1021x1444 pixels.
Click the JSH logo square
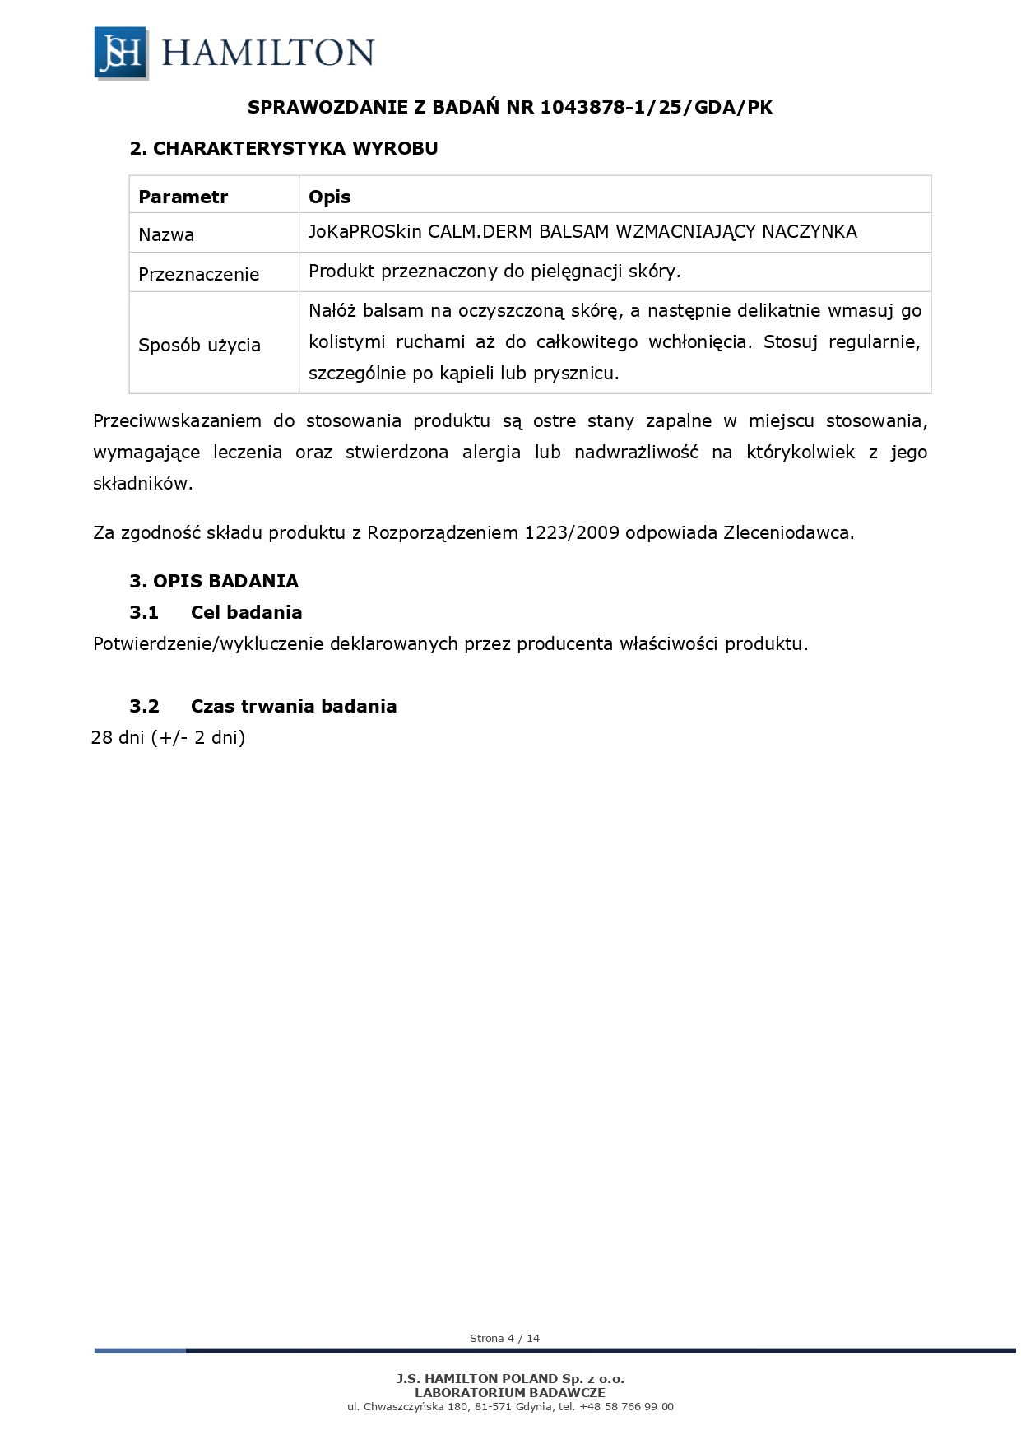click(121, 53)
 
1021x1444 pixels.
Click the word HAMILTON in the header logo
click(268, 53)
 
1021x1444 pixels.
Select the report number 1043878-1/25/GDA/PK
click(656, 108)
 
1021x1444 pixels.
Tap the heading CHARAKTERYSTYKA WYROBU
click(295, 149)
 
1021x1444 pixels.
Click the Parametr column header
click(183, 197)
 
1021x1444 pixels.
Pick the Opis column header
click(329, 197)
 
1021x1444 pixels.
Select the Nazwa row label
click(166, 235)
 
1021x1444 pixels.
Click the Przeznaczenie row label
click(198, 275)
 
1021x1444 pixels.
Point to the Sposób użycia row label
click(199, 346)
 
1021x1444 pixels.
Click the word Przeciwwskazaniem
click(177, 421)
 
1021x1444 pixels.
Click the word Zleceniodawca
click(787, 533)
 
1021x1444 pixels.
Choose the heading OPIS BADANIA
click(225, 582)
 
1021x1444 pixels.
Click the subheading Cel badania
click(246, 613)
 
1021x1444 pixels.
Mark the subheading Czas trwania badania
click(293, 707)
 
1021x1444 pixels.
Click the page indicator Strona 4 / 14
click(504, 1339)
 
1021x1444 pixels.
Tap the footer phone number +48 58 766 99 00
click(626, 1407)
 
